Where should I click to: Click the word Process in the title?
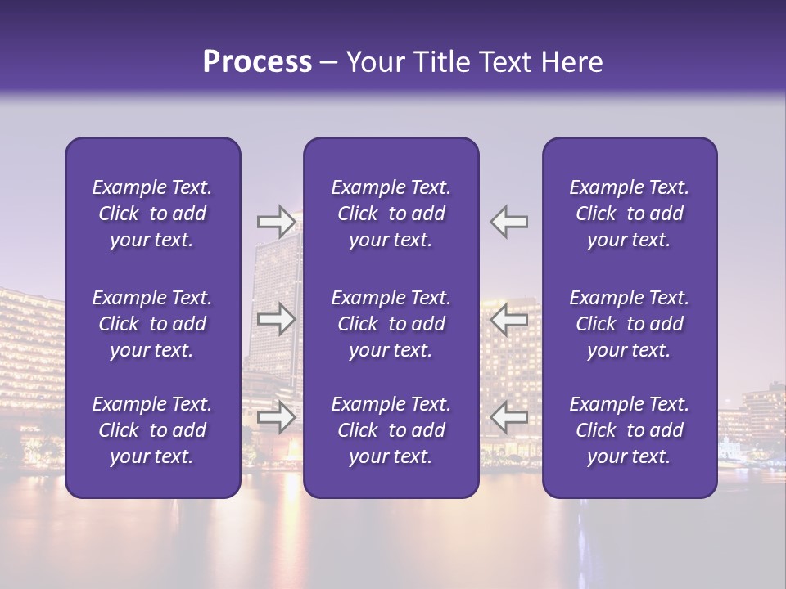[257, 62]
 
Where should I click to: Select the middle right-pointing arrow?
[276, 319]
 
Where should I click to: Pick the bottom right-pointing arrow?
[276, 417]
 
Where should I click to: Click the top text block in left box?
[152, 214]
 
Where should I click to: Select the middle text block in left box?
[152, 324]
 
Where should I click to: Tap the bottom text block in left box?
[152, 430]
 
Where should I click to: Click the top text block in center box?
[391, 214]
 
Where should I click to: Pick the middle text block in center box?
[391, 324]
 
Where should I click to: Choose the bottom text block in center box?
[391, 430]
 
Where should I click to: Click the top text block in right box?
[630, 214]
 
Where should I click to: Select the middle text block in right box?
[630, 324]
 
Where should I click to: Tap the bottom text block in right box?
[630, 430]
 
